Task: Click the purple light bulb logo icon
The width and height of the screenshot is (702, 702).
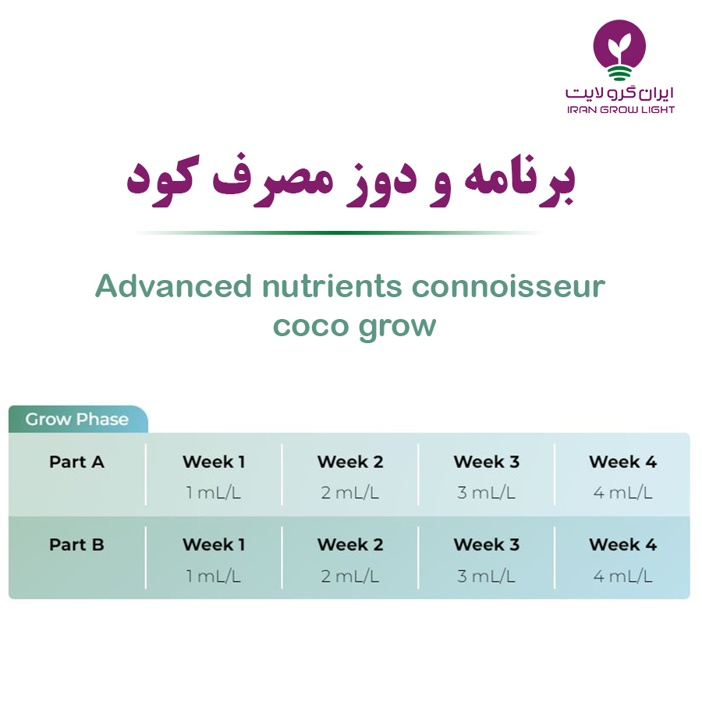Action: pyautogui.click(x=619, y=49)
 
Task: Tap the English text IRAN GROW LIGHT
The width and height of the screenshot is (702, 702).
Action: pyautogui.click(x=621, y=110)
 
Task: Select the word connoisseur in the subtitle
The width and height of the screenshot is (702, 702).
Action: pyautogui.click(x=508, y=286)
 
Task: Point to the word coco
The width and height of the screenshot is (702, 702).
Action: pyautogui.click(x=311, y=325)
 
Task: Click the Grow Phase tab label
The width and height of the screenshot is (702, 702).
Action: pyautogui.click(x=77, y=419)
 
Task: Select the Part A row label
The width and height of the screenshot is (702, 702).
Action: pyautogui.click(x=76, y=462)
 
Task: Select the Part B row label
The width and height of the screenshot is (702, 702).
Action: pyautogui.click(x=76, y=544)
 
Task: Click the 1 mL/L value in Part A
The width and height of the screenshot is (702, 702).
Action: pyautogui.click(x=214, y=492)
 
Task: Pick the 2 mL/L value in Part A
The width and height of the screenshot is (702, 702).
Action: pyautogui.click(x=349, y=492)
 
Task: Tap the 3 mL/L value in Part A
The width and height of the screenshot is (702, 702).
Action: pyautogui.click(x=486, y=492)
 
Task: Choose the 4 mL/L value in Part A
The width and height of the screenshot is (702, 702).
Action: pyautogui.click(x=622, y=492)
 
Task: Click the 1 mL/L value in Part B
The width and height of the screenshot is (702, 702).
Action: pyautogui.click(x=214, y=576)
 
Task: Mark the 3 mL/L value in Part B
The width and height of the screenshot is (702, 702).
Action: pyautogui.click(x=486, y=576)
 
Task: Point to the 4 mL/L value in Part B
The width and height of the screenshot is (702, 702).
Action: pyautogui.click(x=622, y=576)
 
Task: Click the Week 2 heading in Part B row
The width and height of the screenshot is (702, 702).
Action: pyautogui.click(x=350, y=544)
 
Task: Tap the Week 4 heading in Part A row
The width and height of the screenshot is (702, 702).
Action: pyautogui.click(x=622, y=462)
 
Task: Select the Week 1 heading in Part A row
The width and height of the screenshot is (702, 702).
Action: pyautogui.click(x=214, y=462)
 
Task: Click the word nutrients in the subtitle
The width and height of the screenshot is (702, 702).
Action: pyautogui.click(x=331, y=286)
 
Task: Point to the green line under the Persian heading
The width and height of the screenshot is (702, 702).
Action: pyautogui.click(x=339, y=232)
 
